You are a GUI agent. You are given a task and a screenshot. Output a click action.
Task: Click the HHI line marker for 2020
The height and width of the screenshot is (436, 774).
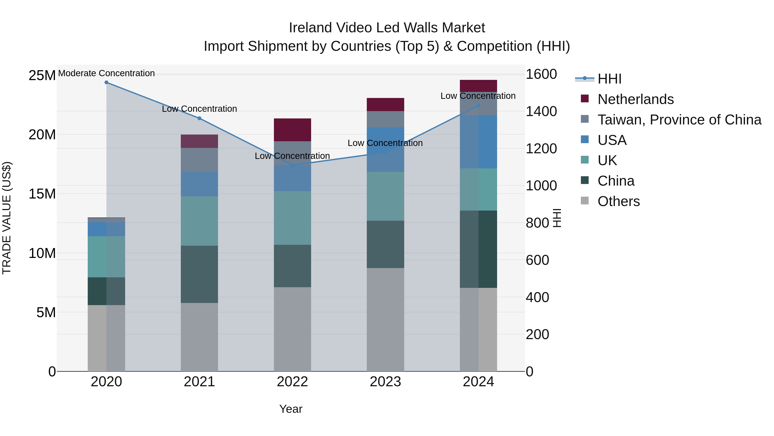click(106, 82)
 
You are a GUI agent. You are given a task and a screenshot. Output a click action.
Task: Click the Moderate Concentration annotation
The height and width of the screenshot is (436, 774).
click(106, 73)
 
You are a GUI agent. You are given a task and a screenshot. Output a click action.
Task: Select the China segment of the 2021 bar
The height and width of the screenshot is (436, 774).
click(199, 274)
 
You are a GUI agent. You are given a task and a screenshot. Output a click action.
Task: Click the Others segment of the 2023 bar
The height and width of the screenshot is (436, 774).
click(385, 320)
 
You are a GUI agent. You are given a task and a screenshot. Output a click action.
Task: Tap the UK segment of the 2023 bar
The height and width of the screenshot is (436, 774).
click(385, 196)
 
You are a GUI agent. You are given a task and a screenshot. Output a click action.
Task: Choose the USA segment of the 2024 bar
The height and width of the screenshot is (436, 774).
click(478, 142)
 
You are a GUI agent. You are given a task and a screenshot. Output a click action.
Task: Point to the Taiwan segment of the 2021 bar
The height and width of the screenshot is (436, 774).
click(199, 160)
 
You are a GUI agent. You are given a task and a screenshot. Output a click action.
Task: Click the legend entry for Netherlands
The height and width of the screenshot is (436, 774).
click(636, 99)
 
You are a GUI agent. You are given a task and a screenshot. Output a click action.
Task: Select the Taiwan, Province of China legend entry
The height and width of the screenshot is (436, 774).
click(679, 120)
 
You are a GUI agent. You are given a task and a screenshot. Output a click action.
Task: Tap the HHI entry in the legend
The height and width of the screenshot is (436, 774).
click(609, 79)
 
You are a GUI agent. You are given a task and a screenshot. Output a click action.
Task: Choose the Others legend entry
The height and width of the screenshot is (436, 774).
click(618, 201)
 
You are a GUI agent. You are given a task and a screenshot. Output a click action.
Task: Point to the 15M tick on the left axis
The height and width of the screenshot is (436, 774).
click(42, 194)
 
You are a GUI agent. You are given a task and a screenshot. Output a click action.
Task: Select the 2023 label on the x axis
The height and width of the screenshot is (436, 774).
click(385, 382)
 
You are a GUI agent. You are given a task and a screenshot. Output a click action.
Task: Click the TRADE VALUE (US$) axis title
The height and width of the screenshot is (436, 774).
click(7, 218)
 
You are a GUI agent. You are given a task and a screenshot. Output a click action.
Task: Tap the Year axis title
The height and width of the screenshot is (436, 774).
click(290, 409)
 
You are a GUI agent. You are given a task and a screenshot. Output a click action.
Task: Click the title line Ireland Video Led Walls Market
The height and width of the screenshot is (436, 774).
click(387, 28)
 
